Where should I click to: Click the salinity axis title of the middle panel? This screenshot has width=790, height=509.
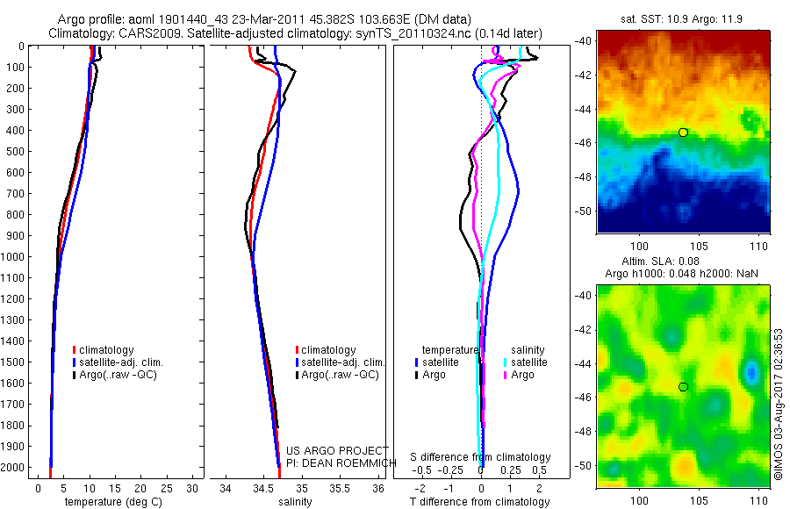tap(294, 502)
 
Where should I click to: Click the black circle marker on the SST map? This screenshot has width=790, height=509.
tap(683, 133)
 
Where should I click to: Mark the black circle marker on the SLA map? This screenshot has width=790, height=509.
tap(683, 387)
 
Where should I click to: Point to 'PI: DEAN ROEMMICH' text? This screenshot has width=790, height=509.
tap(337, 462)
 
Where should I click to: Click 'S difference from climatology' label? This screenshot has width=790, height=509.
tap(481, 457)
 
